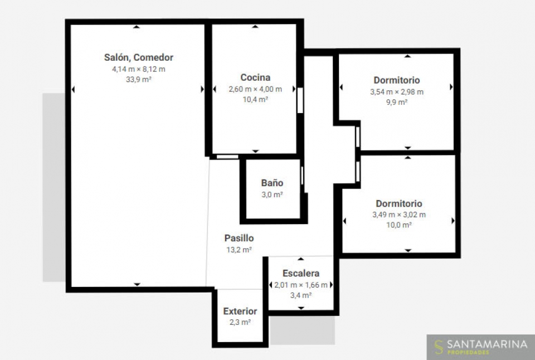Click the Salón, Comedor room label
click(x=139, y=57)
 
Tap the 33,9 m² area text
click(x=139, y=80)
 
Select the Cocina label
click(x=255, y=77)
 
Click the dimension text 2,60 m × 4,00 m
click(x=255, y=89)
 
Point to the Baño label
click(x=272, y=183)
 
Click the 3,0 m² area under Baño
click(x=272, y=194)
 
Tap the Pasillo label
click(x=239, y=238)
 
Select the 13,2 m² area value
click(x=239, y=250)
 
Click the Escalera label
click(x=301, y=273)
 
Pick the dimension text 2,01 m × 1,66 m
click(x=301, y=285)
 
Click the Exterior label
click(x=240, y=311)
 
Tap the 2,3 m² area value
click(x=240, y=322)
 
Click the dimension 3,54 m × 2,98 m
click(x=397, y=92)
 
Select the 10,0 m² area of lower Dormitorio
click(x=399, y=225)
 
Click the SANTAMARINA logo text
click(x=487, y=344)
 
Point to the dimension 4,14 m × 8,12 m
click(x=139, y=69)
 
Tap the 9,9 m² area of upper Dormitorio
click(x=397, y=102)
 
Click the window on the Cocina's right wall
click(x=300, y=100)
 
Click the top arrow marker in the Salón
click(x=137, y=27)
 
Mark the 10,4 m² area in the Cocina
click(x=255, y=100)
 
